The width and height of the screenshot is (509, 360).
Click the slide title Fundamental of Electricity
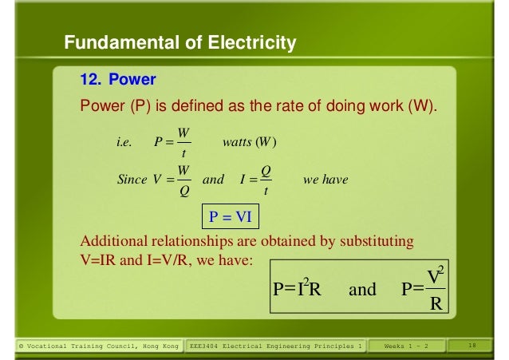pos(180,43)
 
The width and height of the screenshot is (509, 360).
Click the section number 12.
pos(90,81)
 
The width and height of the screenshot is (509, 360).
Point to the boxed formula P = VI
pos(229,217)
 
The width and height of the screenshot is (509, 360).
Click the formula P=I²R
pos(297,289)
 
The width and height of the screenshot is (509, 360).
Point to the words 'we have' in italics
pos(326,180)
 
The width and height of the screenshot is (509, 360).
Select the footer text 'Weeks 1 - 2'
pos(407,346)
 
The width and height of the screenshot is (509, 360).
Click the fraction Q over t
pos(266,180)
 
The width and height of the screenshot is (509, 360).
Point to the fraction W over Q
pos(183,180)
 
